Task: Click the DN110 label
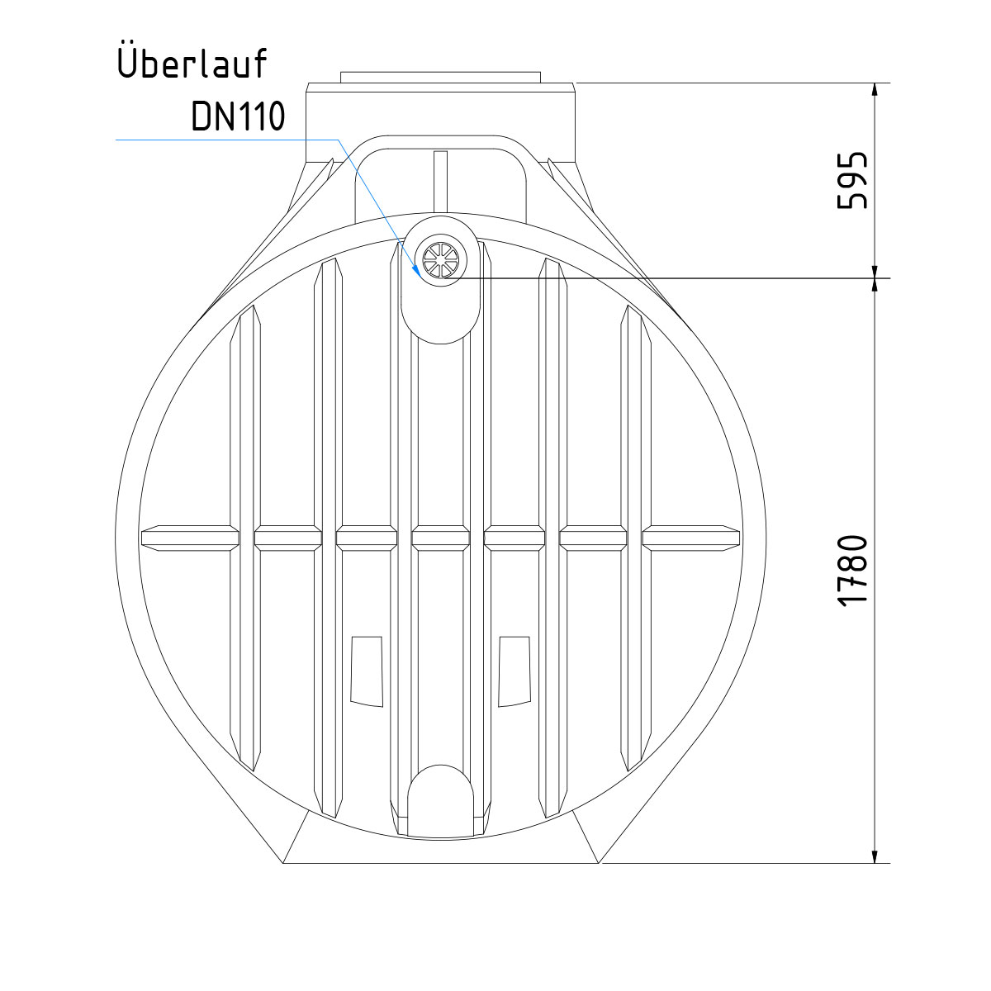[238, 116]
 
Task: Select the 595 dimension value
[851, 180]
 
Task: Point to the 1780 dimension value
[851, 571]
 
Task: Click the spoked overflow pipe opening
[440, 259]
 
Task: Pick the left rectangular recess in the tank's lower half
[367, 671]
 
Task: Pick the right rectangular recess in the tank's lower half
[514, 671]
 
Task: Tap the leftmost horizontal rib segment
[190, 538]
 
